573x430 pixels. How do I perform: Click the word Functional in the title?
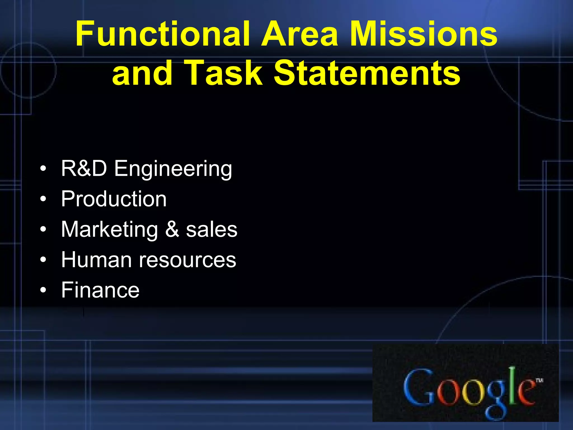click(x=162, y=34)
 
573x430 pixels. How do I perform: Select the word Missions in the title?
click(x=424, y=34)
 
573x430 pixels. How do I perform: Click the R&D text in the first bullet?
click(x=84, y=169)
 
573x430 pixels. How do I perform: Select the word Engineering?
click(x=173, y=169)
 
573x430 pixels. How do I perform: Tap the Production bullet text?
click(x=114, y=199)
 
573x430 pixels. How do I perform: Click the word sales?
click(x=212, y=230)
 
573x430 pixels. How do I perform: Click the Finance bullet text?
click(x=100, y=290)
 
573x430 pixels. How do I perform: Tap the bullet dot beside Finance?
click(x=43, y=290)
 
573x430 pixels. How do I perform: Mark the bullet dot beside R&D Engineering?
click(x=43, y=169)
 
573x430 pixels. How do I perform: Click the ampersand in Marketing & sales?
click(x=172, y=230)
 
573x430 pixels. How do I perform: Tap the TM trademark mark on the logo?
click(x=539, y=380)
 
